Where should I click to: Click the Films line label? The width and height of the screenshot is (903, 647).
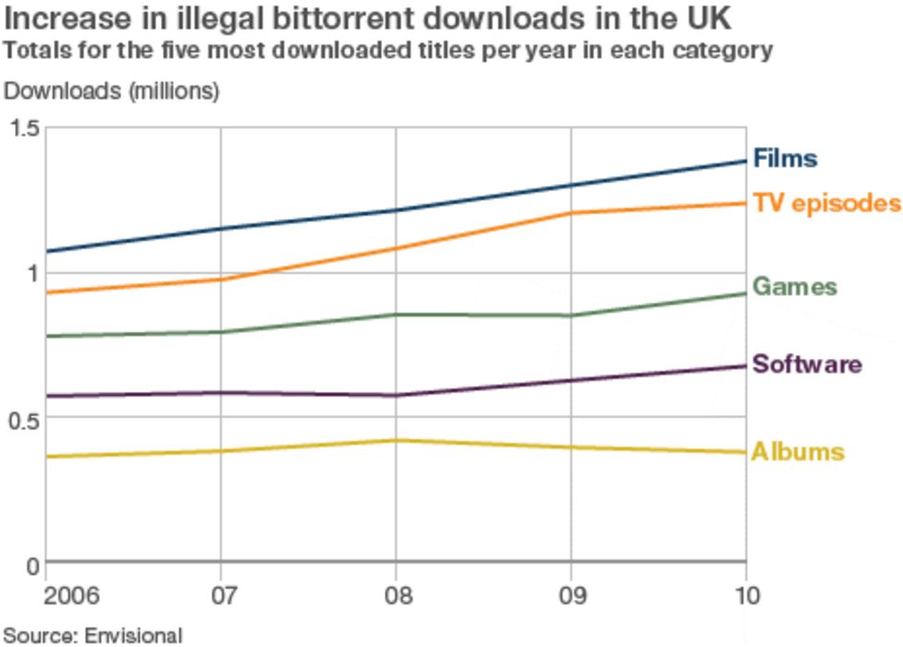click(785, 158)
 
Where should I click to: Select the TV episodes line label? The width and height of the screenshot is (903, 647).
click(826, 202)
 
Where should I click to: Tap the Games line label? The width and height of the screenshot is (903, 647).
click(794, 287)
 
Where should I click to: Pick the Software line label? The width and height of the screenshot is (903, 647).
click(807, 364)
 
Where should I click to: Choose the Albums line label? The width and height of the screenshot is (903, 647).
click(798, 452)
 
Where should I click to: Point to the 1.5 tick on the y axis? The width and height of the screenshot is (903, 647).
click(24, 128)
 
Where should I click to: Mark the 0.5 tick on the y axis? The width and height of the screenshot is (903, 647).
click(24, 418)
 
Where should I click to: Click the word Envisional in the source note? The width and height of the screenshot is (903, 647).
click(133, 635)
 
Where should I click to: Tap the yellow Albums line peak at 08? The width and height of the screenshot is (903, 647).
click(396, 440)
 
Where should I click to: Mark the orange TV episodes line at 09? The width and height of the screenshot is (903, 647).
click(571, 213)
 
